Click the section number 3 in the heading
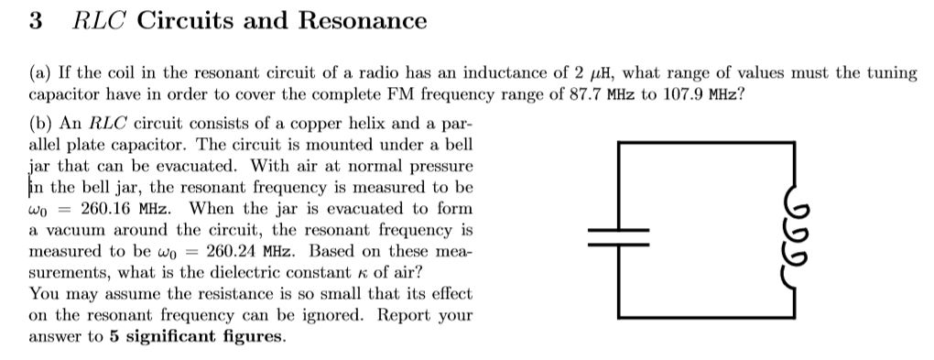[35, 20]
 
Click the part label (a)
[40, 72]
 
